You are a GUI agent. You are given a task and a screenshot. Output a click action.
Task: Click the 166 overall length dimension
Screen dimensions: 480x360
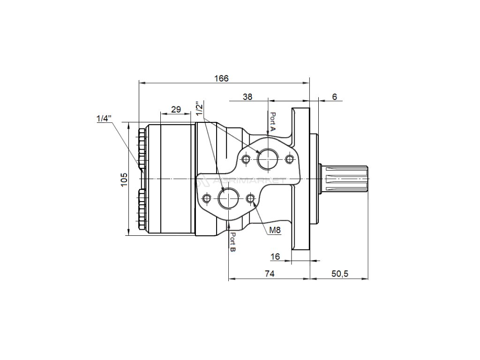221,78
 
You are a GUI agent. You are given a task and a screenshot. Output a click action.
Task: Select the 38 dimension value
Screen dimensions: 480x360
247,97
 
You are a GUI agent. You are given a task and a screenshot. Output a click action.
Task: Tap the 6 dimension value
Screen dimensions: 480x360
334,97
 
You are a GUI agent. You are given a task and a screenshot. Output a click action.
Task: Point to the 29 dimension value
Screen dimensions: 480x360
176,109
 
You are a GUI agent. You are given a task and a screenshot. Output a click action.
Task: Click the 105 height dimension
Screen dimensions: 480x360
124,180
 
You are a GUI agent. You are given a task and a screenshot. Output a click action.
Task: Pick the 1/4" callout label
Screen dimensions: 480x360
104,119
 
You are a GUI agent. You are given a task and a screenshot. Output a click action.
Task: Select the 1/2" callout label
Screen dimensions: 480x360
200,109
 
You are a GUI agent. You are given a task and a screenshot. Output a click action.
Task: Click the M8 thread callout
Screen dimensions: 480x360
275,230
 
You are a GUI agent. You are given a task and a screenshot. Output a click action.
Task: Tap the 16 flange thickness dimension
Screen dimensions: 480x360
275,256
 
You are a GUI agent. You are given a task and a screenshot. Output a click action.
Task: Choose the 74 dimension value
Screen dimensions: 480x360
270,274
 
